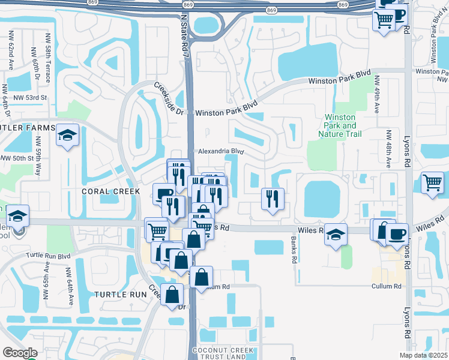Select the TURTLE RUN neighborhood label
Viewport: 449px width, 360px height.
click(120, 295)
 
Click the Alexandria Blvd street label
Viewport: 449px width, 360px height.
click(219, 152)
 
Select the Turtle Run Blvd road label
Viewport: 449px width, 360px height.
click(48, 255)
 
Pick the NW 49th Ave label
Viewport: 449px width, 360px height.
click(377, 95)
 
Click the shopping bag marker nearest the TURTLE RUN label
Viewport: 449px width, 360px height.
click(172, 295)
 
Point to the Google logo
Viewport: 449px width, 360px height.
click(19, 353)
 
